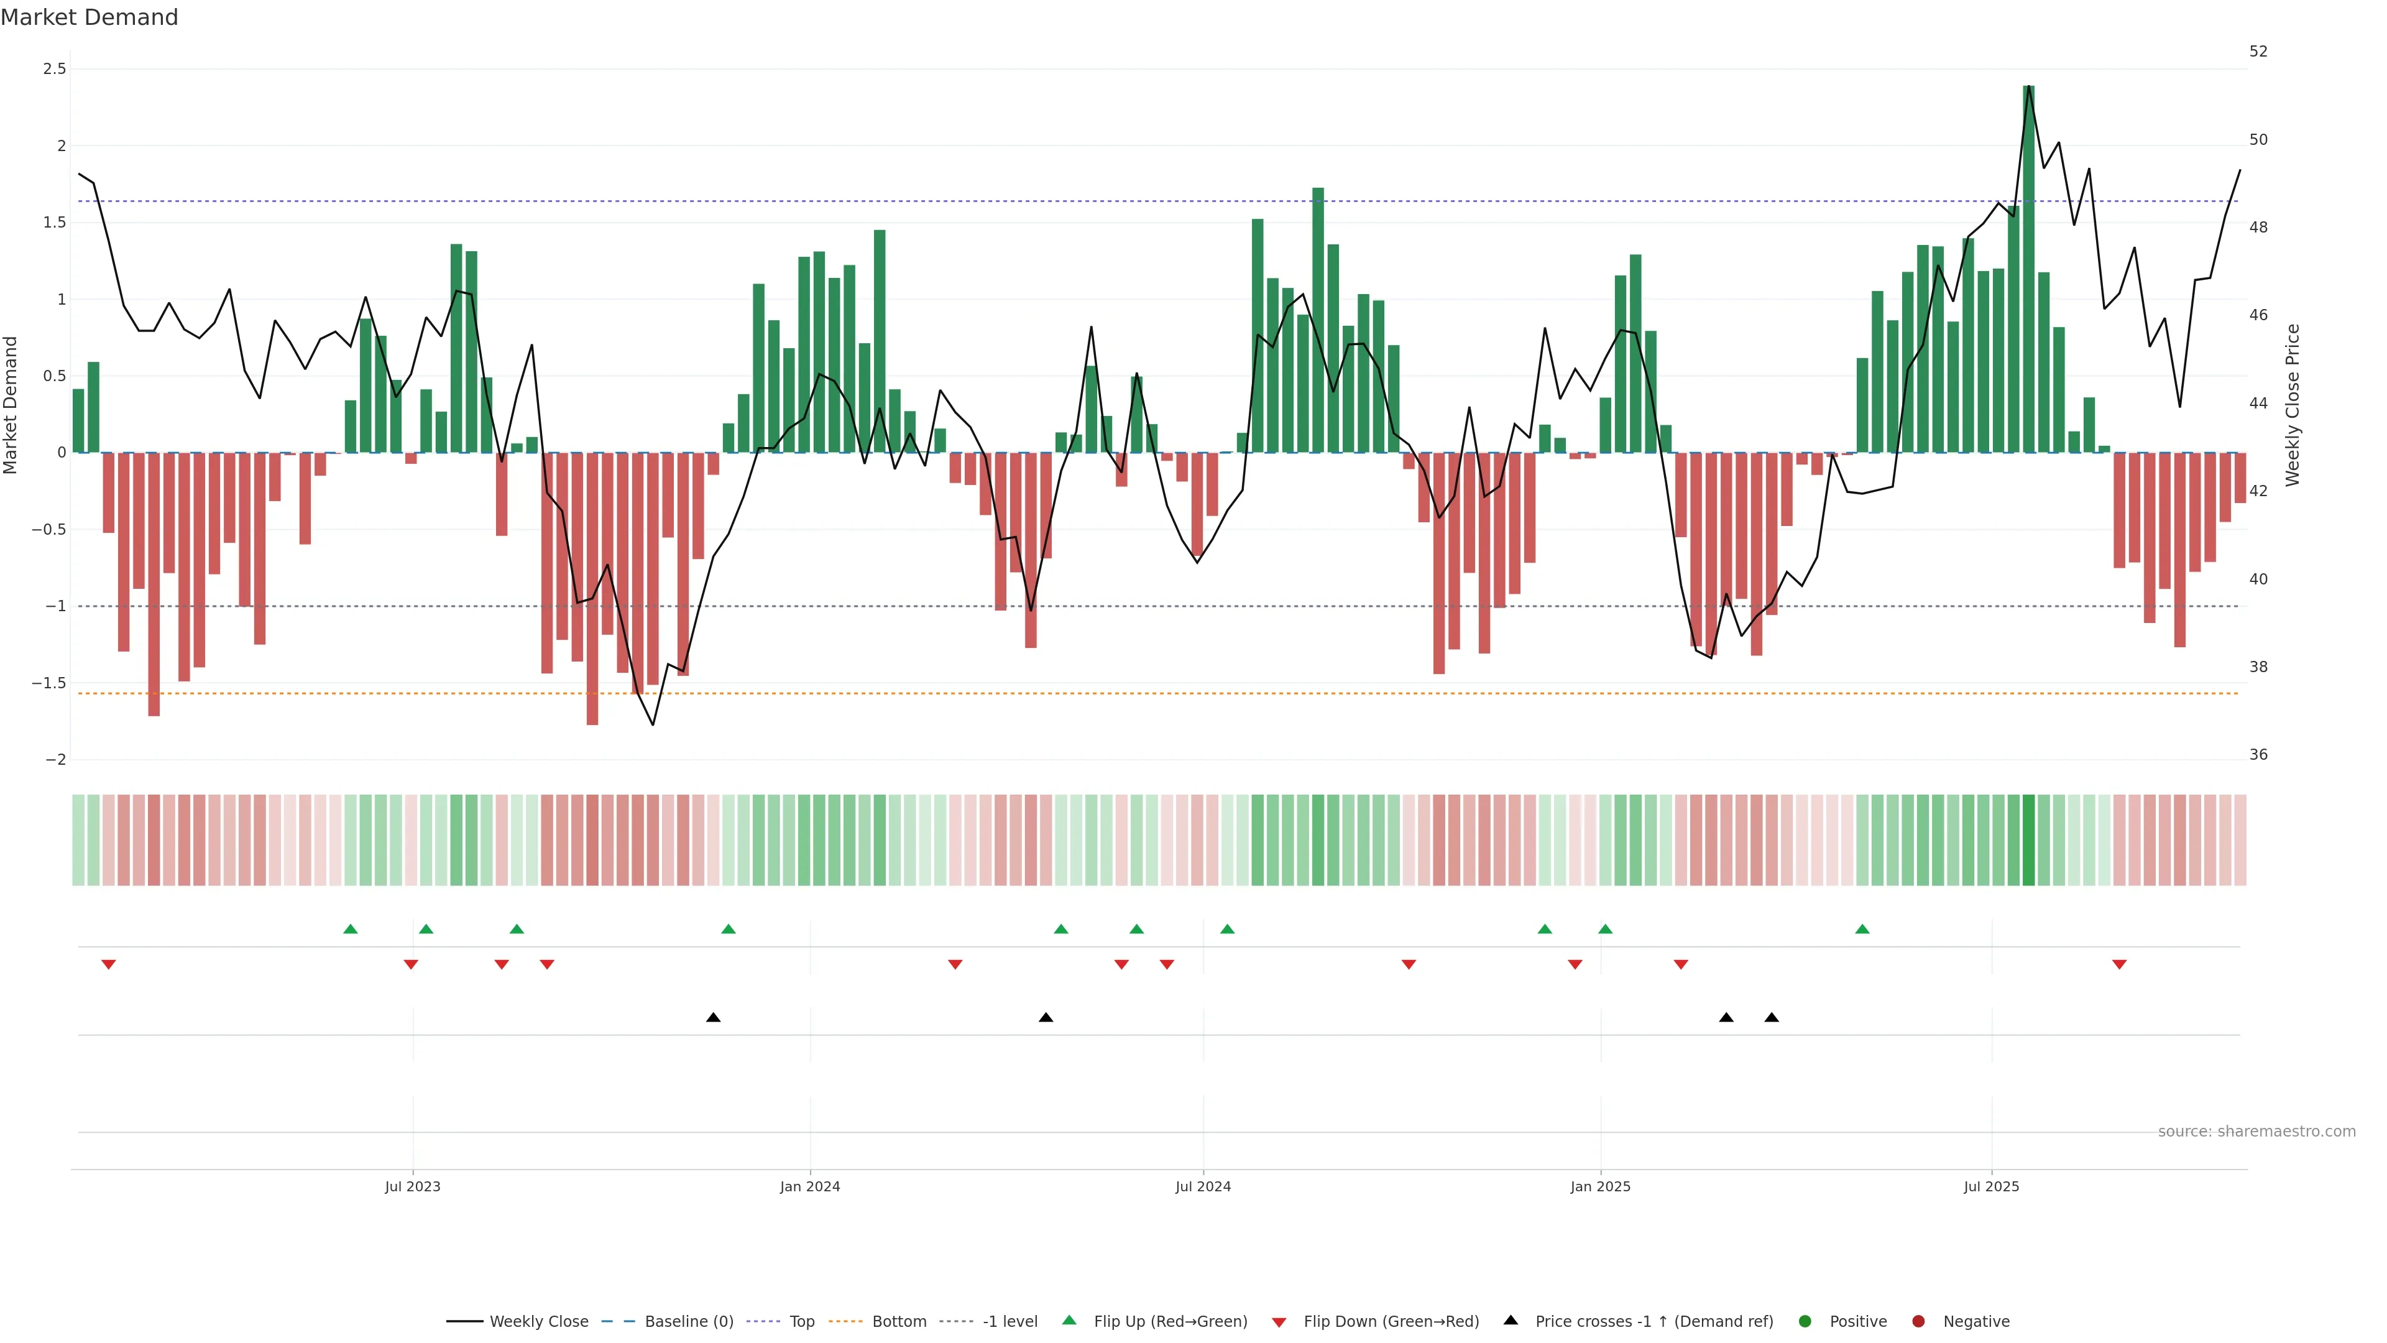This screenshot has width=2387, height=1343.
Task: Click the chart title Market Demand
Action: pyautogui.click(x=89, y=17)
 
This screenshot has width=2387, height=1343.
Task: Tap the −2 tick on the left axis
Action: pyautogui.click(x=55, y=760)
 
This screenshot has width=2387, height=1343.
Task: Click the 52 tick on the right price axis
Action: pyautogui.click(x=2258, y=51)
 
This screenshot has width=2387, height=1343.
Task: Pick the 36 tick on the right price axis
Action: pyautogui.click(x=2258, y=754)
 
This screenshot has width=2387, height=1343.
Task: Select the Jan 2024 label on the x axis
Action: pyautogui.click(x=810, y=1186)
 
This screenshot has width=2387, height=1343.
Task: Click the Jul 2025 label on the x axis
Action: pyautogui.click(x=1991, y=1186)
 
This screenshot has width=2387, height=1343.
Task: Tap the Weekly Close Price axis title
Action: pyautogui.click(x=2293, y=405)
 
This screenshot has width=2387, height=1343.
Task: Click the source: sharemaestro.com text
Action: pyautogui.click(x=2256, y=1132)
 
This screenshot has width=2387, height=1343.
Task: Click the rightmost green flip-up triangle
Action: pyautogui.click(x=1862, y=929)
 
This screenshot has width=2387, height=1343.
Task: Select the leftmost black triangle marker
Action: pyautogui.click(x=712, y=1018)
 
